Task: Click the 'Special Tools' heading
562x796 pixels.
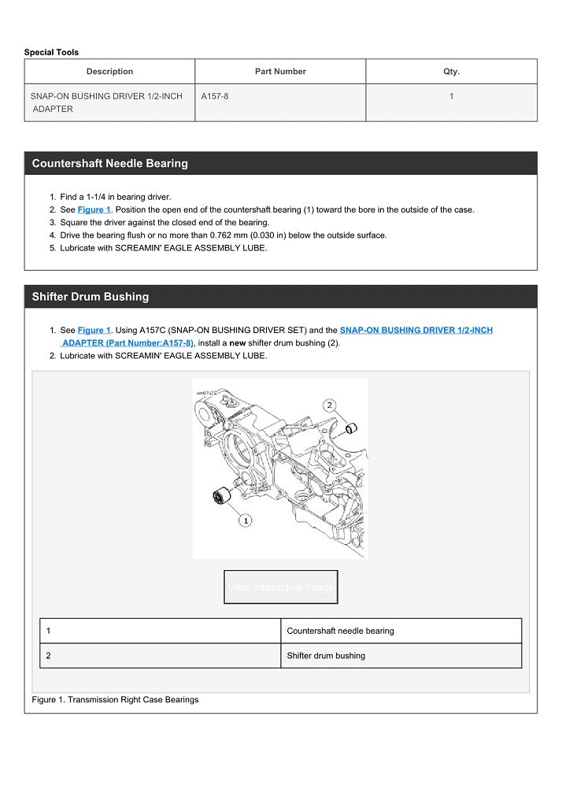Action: tap(51, 52)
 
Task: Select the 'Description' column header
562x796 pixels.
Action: tap(109, 72)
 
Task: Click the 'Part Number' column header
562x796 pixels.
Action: tap(280, 72)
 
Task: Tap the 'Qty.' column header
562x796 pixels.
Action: tap(451, 72)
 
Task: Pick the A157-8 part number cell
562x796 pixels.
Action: tap(215, 96)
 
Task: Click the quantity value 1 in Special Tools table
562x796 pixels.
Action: tap(451, 96)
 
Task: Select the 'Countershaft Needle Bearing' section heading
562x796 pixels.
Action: tap(110, 164)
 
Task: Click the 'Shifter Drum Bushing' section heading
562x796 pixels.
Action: tap(91, 297)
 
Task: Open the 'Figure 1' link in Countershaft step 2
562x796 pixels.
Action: tap(94, 210)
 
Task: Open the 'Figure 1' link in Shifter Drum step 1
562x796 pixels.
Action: tap(94, 331)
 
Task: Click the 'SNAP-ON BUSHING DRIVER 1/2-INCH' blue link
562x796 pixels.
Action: tap(416, 331)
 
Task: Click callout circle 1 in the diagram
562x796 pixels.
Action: tap(246, 520)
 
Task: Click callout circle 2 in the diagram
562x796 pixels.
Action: tap(329, 405)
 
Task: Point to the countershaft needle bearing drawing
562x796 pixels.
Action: tap(220, 498)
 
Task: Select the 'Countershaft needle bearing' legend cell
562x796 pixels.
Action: tap(340, 631)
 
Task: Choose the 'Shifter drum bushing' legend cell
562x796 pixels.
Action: tap(326, 656)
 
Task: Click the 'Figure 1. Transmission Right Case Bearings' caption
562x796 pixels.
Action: tap(115, 699)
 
